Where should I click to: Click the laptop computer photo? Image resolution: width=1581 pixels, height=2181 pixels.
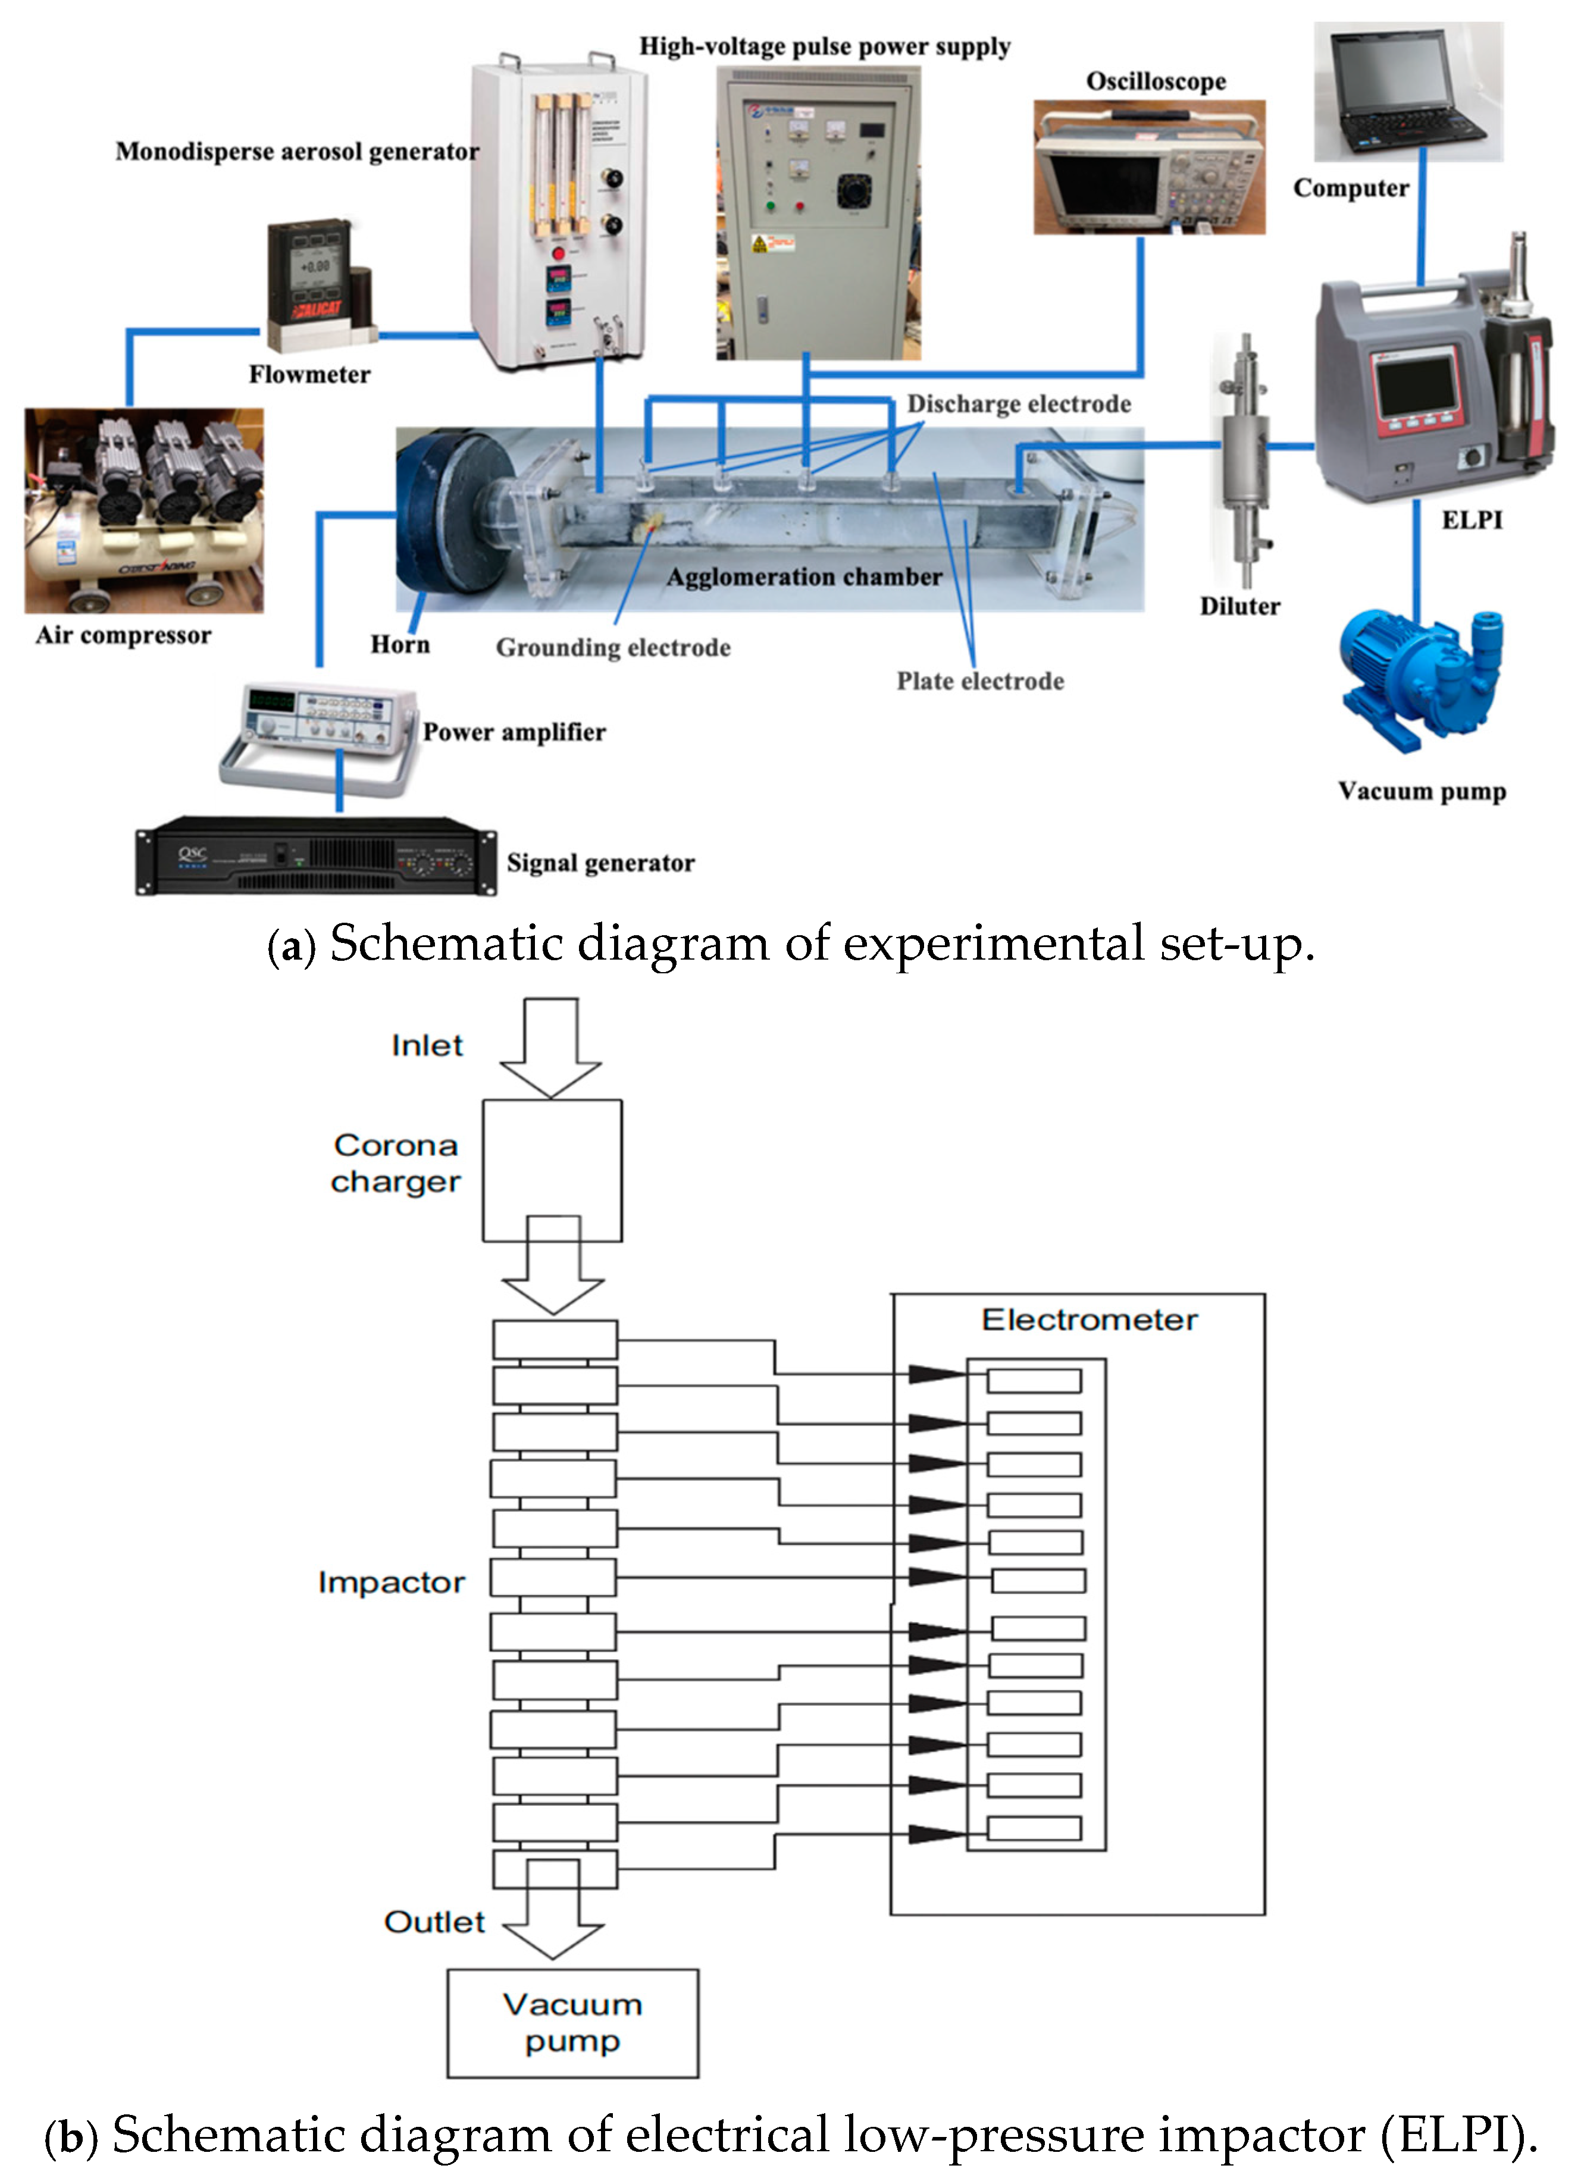(1408, 92)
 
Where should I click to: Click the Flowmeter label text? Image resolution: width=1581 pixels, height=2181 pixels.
(309, 374)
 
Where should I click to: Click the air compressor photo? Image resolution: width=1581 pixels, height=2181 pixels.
(144, 510)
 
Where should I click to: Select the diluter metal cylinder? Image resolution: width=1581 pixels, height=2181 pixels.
(1244, 462)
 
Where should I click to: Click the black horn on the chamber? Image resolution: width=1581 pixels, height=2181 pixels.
(452, 519)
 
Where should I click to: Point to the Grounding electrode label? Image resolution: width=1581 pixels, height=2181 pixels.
(613, 647)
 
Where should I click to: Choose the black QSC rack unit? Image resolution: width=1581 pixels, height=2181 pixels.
(315, 856)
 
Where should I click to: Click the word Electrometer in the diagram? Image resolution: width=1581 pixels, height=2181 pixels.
(1089, 1320)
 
